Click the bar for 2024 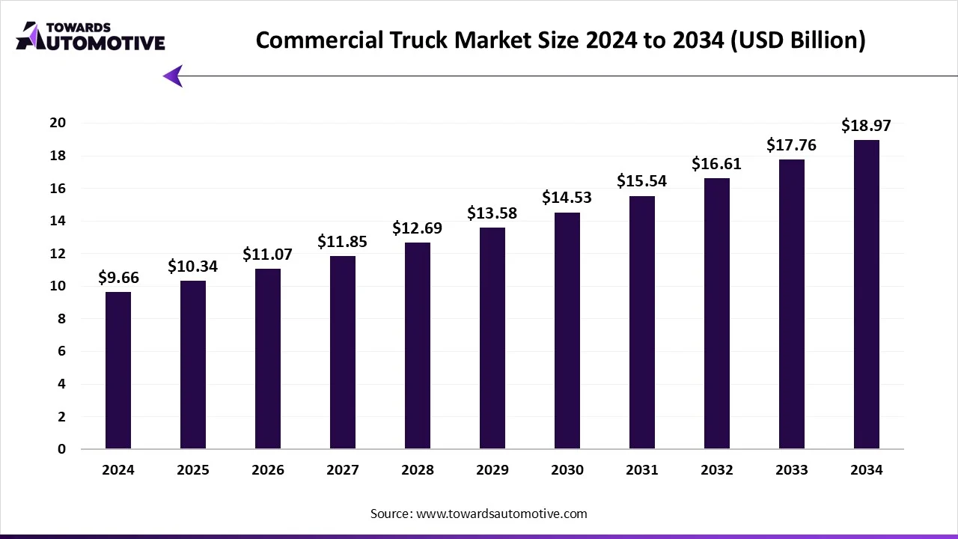118,371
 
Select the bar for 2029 492,338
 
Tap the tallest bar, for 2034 867,294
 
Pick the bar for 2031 642,323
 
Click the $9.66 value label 118,278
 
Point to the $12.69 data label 417,228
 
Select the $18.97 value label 866,126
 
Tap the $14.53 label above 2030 567,198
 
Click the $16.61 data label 716,164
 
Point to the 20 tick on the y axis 58,123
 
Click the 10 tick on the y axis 58,286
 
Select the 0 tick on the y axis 62,449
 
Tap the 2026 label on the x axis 268,470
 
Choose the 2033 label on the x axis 792,470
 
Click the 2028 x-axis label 418,470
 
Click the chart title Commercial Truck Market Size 560,40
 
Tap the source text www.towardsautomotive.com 479,514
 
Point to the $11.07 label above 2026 267,255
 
